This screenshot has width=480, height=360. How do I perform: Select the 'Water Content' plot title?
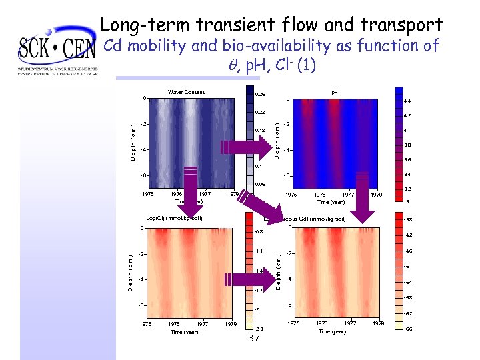coord(186,92)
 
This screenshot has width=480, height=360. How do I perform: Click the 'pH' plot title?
coord(335,92)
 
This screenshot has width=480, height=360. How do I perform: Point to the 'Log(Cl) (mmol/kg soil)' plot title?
coord(174,218)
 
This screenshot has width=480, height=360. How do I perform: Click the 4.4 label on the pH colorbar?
coord(407,102)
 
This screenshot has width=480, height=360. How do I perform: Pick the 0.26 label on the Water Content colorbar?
coord(261,95)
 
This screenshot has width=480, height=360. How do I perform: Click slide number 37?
coord(253,339)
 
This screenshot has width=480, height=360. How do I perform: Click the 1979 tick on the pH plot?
coord(376,195)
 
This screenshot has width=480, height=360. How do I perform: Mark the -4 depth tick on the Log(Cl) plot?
coord(142,279)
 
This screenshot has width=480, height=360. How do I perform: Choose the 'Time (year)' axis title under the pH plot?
coord(331,201)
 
